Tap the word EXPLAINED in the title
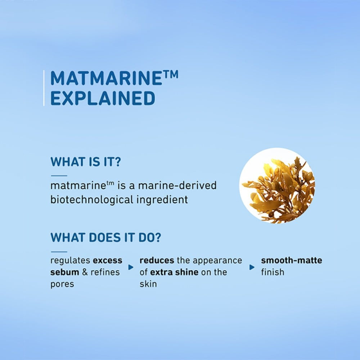click(x=103, y=98)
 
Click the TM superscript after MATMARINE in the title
click(x=170, y=75)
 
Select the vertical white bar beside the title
click(x=44, y=88)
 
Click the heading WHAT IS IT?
click(x=85, y=162)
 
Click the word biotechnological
click(x=91, y=199)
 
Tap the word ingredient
click(x=162, y=199)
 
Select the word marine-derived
click(x=177, y=185)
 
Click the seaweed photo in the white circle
click(x=277, y=185)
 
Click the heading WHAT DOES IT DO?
click(x=105, y=237)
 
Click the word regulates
click(x=70, y=261)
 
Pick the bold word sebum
click(x=65, y=272)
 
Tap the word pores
click(x=62, y=284)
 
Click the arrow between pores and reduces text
click(x=131, y=267)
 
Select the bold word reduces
click(x=157, y=260)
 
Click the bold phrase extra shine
click(x=174, y=272)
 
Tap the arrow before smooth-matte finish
click(x=252, y=267)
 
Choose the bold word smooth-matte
click(x=292, y=260)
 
